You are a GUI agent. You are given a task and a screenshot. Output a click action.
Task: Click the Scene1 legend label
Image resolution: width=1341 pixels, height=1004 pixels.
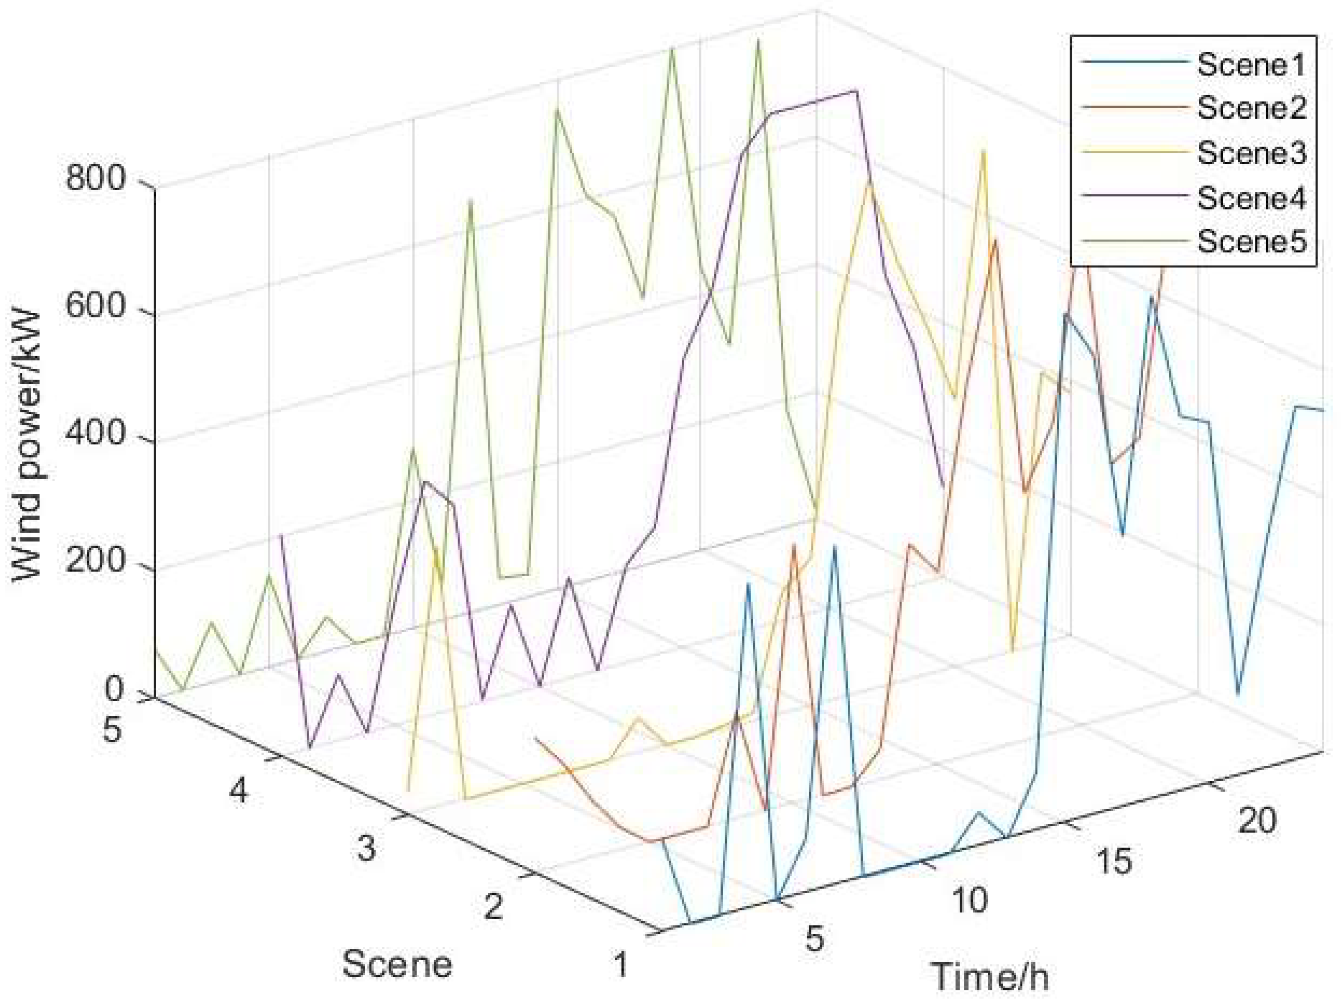(x=1250, y=64)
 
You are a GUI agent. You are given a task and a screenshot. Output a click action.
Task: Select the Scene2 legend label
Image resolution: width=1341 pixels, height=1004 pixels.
(x=1250, y=108)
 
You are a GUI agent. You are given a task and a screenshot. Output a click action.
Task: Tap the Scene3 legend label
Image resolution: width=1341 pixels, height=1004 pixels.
(x=1250, y=153)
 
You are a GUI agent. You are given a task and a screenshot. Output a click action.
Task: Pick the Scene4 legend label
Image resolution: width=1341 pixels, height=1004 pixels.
(x=1250, y=198)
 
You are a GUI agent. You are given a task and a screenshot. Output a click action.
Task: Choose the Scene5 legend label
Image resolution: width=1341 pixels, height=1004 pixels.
(x=1250, y=241)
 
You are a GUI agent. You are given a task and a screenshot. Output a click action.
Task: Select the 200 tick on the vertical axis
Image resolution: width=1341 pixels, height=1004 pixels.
(x=95, y=562)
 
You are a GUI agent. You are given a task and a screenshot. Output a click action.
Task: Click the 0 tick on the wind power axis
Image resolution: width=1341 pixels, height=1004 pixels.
(x=115, y=689)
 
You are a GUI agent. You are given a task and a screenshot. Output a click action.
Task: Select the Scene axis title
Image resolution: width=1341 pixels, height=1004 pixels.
(x=397, y=964)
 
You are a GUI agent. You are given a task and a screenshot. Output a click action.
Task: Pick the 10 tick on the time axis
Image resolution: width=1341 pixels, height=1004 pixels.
(x=970, y=900)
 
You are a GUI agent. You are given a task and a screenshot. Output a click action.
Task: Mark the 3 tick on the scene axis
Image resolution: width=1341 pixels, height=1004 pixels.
(x=366, y=848)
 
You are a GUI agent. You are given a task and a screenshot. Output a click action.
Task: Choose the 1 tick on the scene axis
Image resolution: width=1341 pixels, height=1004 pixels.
(x=620, y=964)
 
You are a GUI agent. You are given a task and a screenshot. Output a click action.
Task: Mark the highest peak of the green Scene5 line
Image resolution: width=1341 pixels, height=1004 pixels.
(x=758, y=40)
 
